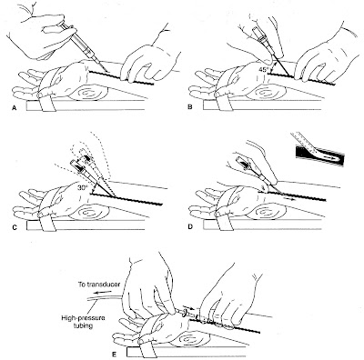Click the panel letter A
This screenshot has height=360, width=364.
point(14,106)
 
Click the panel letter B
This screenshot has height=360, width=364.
point(190,106)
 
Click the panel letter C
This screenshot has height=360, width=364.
point(15,225)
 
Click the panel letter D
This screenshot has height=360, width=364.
point(190,225)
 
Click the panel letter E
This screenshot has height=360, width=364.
point(115,353)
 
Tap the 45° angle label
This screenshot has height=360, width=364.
point(263,69)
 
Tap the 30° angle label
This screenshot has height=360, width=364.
point(82,187)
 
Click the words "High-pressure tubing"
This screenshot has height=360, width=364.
point(83,322)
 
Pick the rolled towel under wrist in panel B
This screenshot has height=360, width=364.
point(264,93)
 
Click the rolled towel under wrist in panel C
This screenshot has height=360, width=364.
point(87,212)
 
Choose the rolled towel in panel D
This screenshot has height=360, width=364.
point(263,212)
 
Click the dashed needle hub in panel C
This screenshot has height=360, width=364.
point(86,159)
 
